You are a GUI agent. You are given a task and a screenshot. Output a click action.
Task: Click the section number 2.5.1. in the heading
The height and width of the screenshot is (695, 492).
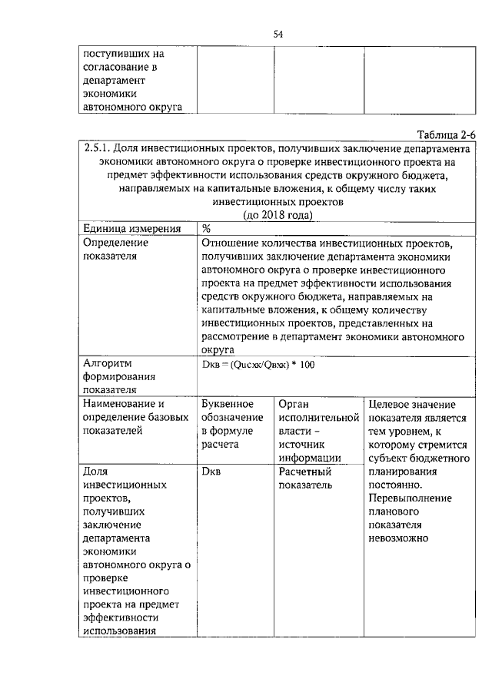click(x=97, y=148)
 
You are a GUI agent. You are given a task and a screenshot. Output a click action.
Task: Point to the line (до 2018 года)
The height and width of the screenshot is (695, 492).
click(x=278, y=214)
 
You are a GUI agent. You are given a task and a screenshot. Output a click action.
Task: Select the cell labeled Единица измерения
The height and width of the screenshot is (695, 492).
click(x=131, y=229)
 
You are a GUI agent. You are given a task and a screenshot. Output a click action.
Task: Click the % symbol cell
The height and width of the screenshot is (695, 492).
click(x=207, y=229)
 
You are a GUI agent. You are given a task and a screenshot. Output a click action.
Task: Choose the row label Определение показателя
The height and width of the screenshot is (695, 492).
click(x=115, y=250)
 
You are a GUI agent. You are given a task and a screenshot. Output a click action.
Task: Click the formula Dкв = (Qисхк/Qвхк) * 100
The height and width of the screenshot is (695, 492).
click(x=258, y=364)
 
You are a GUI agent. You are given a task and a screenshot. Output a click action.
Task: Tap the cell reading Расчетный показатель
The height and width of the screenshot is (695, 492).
click(x=305, y=478)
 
